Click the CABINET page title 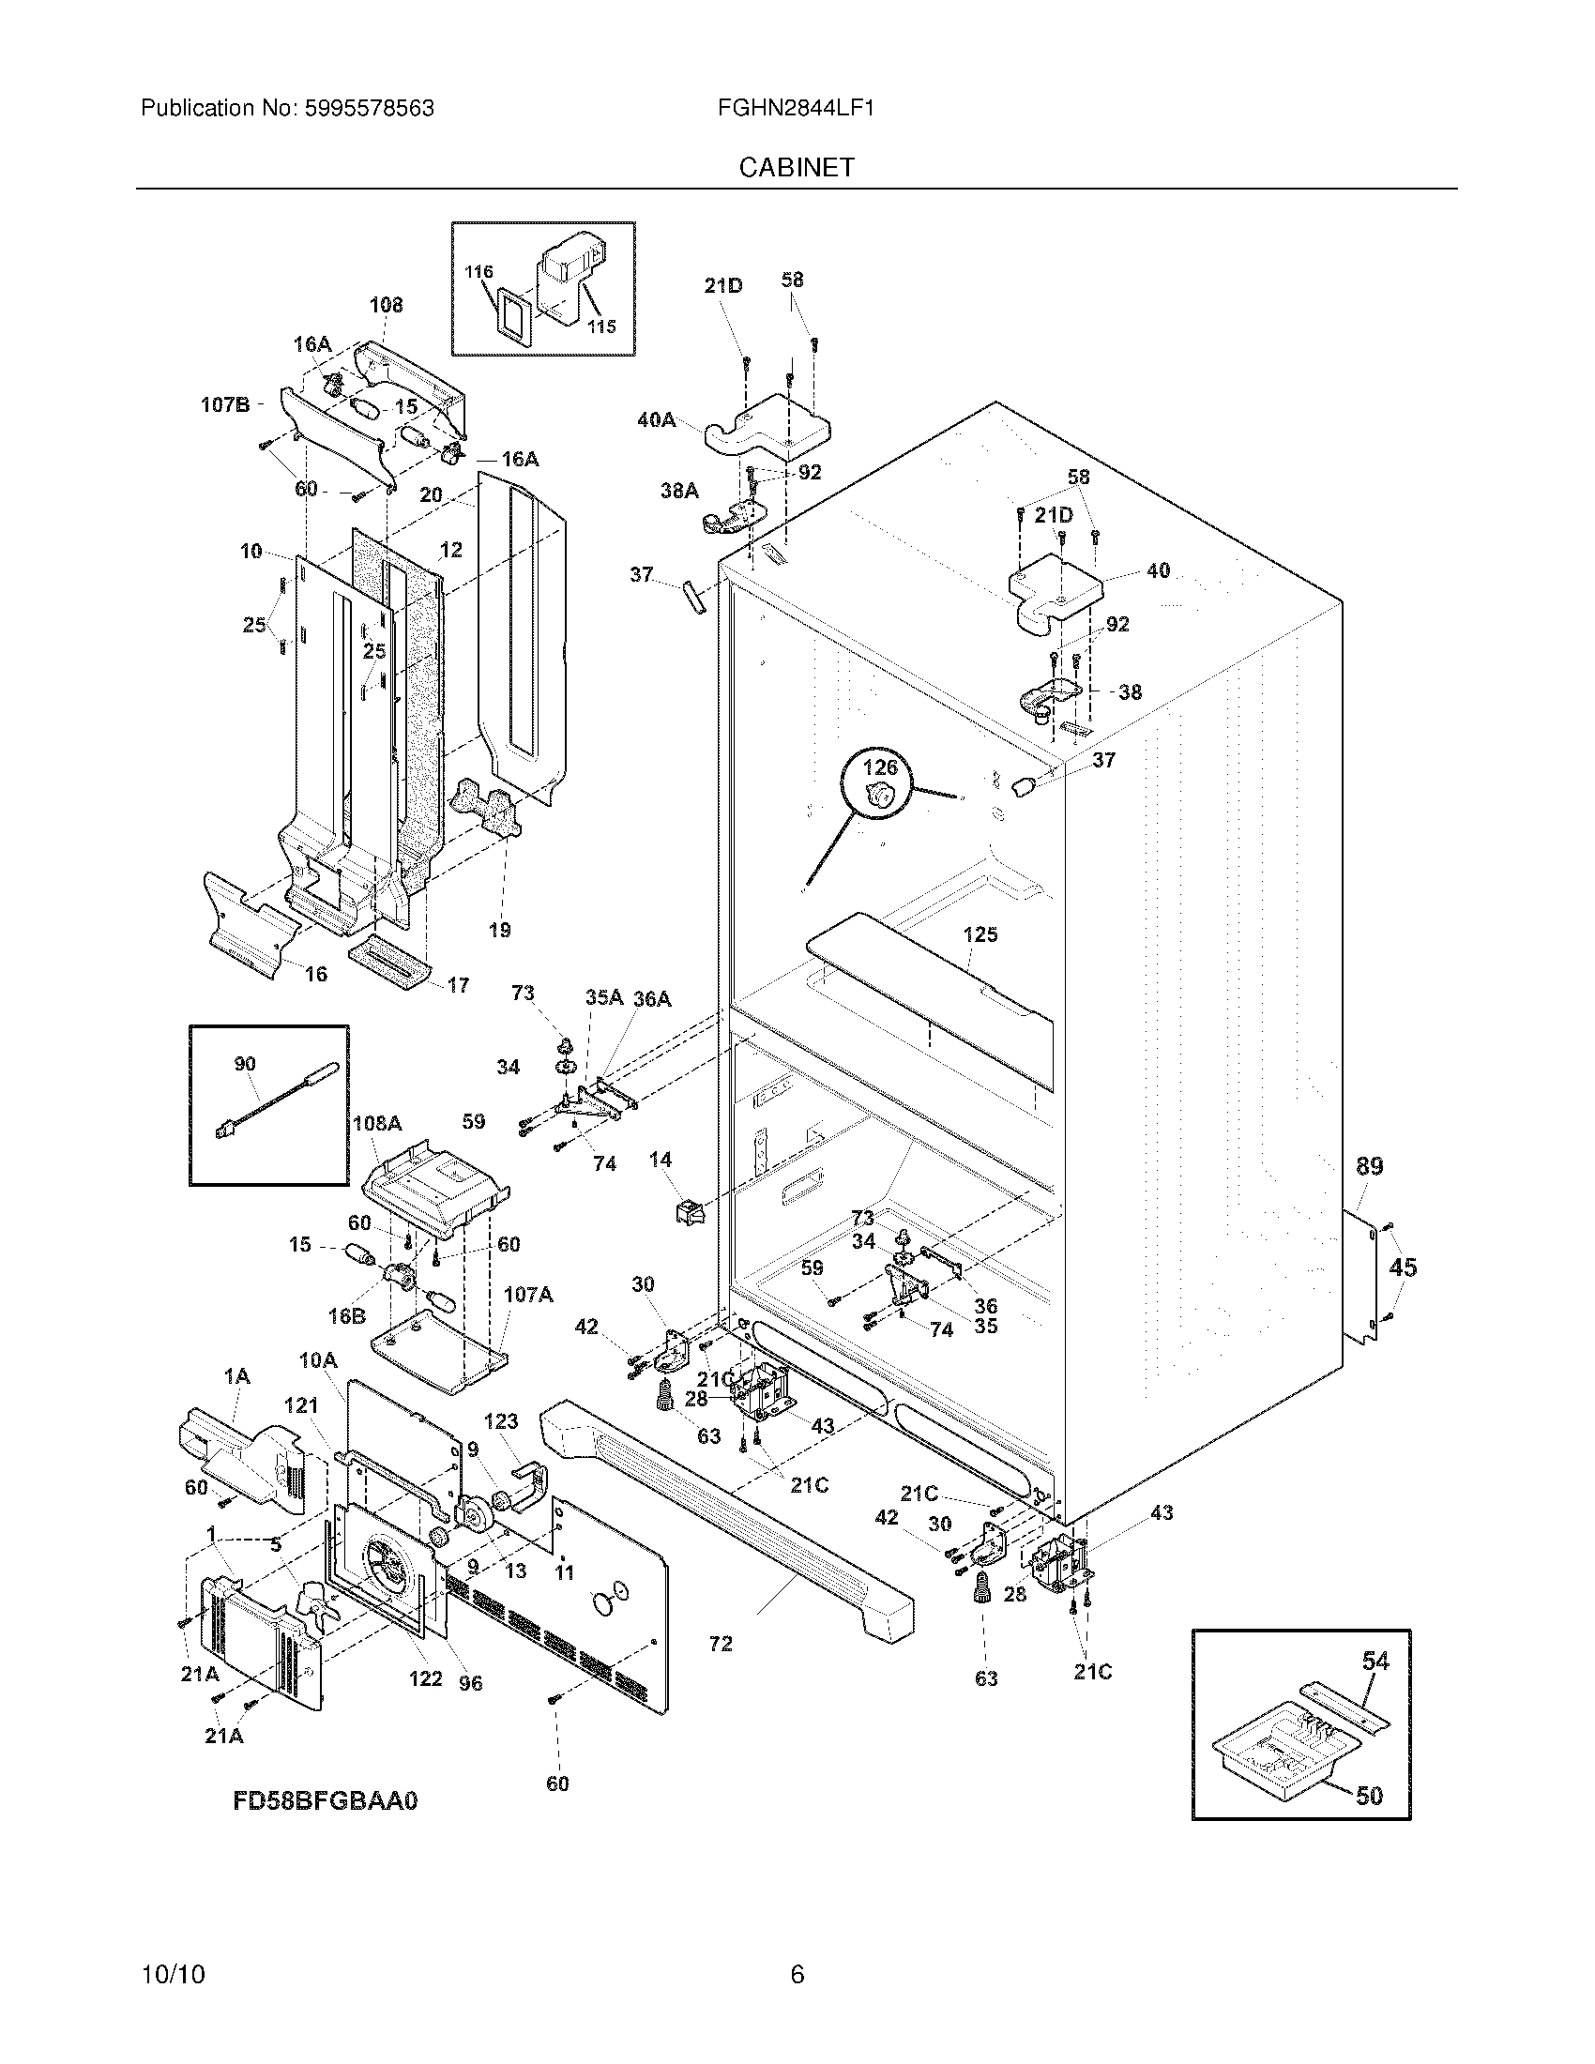click(796, 167)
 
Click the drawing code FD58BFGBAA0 click(325, 1800)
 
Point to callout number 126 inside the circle click(880, 766)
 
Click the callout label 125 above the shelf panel click(980, 933)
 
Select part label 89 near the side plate click(1369, 1166)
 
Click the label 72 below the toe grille click(720, 1644)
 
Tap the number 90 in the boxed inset click(245, 1064)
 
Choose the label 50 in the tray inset click(1369, 1795)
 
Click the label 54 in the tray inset click(1375, 1661)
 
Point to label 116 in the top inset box click(479, 272)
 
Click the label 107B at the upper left click(225, 404)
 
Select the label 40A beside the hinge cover click(656, 419)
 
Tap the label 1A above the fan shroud click(236, 1377)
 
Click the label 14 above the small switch click(661, 1159)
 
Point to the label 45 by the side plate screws click(1403, 1267)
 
